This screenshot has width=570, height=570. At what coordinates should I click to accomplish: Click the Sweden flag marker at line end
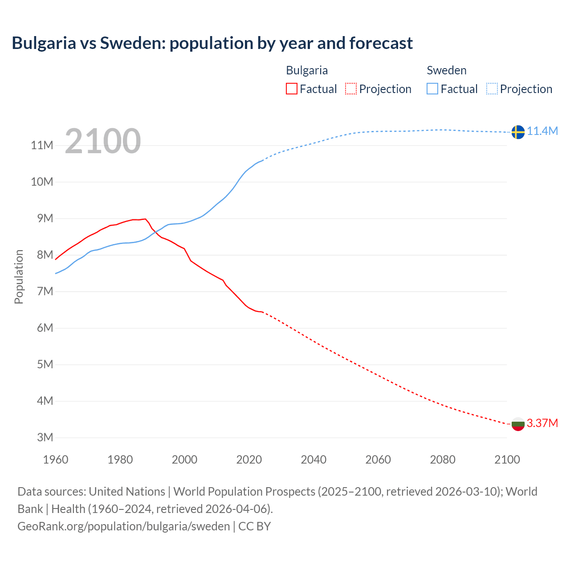point(518,132)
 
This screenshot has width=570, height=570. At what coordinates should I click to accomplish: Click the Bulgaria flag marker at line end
point(518,424)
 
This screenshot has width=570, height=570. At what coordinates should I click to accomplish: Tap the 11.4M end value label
point(542,131)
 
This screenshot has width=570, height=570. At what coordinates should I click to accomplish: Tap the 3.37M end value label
point(542,423)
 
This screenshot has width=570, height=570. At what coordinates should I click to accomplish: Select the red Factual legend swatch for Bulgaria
point(291,89)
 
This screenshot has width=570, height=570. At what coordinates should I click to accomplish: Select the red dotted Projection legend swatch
point(351,89)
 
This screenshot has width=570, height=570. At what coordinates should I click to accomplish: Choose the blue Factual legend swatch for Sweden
point(432,89)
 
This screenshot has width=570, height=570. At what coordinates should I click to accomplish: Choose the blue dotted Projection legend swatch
point(492,89)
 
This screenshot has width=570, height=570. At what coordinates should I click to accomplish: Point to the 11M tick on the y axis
point(42,145)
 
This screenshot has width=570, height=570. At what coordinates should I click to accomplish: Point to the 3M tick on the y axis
point(45,437)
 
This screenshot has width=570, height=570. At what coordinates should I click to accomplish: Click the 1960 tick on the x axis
point(56,460)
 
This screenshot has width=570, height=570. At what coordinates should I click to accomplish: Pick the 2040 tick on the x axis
point(313,460)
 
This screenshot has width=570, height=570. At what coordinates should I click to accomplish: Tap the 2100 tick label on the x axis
point(507,460)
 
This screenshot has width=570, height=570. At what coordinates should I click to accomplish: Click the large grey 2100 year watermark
point(103,141)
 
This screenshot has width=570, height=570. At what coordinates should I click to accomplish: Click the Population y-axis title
point(19,277)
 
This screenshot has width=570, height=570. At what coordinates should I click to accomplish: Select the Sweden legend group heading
point(447,70)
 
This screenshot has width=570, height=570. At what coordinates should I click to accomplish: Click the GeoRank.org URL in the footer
point(124,526)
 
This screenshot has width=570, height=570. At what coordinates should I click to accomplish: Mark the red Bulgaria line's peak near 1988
point(145,219)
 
